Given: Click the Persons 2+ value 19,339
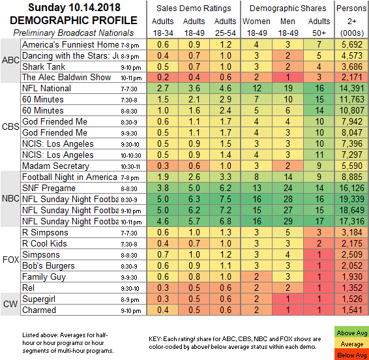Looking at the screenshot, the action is click(352, 199).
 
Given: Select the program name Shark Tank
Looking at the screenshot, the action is click(44, 67).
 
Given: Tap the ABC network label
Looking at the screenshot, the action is click(10, 60).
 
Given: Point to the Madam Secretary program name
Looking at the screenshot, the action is click(56, 166).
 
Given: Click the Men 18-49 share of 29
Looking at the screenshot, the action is click(288, 221).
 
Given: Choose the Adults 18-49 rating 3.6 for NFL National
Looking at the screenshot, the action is click(194, 88).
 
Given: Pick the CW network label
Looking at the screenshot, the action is click(10, 304).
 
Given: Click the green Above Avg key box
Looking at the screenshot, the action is click(351, 332).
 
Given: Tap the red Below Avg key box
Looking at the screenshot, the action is click(351, 355).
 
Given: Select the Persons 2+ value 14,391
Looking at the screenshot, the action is click(352, 88).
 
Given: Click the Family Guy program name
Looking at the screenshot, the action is click(44, 277).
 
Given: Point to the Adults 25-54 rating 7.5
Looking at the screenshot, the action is click(226, 199).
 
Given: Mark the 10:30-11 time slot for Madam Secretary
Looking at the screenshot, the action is click(130, 167).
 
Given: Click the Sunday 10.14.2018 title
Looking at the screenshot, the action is click(74, 8).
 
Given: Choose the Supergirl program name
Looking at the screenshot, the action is click(39, 299).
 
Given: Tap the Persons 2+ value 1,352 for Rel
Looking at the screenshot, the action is click(352, 288).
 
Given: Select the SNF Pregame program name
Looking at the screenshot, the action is click(49, 188).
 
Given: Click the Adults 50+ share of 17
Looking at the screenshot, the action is click(319, 221).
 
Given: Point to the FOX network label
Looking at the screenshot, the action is click(10, 260).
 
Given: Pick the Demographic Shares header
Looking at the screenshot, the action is click(288, 8).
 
